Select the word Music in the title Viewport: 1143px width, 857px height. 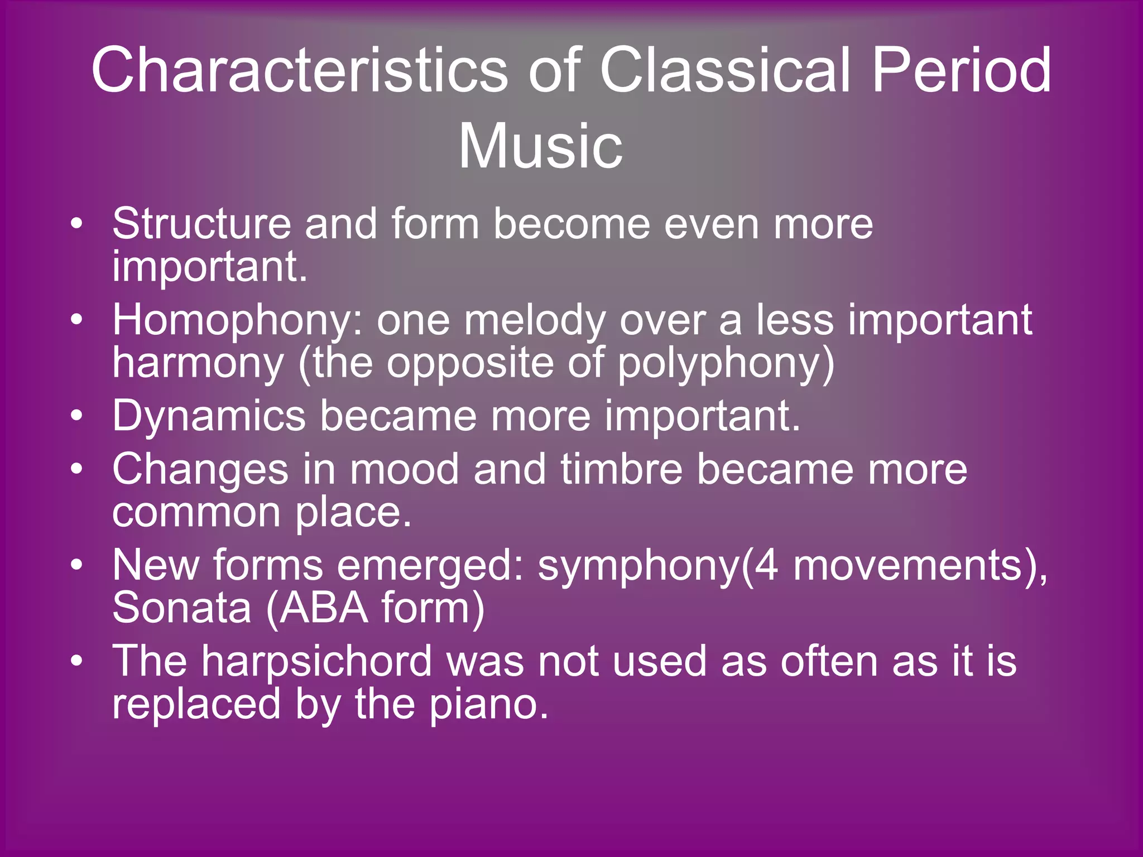pos(540,146)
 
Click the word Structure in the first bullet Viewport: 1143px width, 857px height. pos(201,224)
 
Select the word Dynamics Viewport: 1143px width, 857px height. pos(209,416)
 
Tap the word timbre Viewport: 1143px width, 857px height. pos(621,469)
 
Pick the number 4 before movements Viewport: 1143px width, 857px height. pos(766,566)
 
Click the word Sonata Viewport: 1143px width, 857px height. pos(182,608)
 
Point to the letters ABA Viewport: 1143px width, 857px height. pos(323,608)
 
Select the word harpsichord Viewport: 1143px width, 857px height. pos(316,661)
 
